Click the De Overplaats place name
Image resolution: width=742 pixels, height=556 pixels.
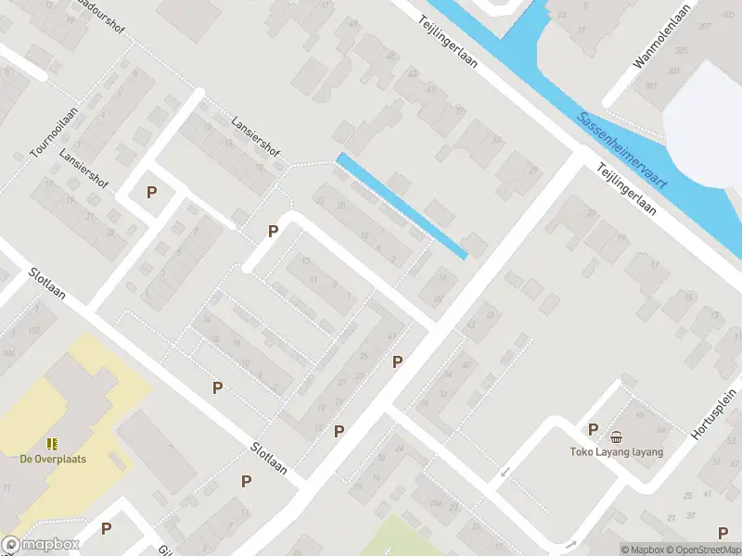(x=52, y=458)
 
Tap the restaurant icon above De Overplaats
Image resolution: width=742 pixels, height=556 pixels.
(x=52, y=444)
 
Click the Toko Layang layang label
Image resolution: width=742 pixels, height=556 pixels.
(x=617, y=452)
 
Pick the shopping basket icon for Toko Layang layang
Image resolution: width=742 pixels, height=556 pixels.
(x=616, y=437)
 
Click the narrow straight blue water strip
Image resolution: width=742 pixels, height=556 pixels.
(x=401, y=206)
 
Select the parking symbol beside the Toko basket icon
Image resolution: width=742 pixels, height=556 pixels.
(x=594, y=429)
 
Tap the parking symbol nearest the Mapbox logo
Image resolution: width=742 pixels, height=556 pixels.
(x=106, y=529)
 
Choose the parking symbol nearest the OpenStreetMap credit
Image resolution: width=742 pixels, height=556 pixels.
(x=723, y=532)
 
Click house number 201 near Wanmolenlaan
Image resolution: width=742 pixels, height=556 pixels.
(x=651, y=86)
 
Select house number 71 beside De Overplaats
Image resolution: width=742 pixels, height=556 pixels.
(x=7, y=486)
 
